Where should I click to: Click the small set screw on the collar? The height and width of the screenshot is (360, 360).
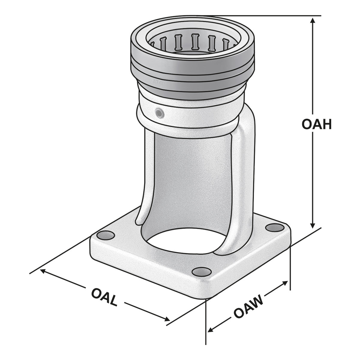point(159,113)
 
